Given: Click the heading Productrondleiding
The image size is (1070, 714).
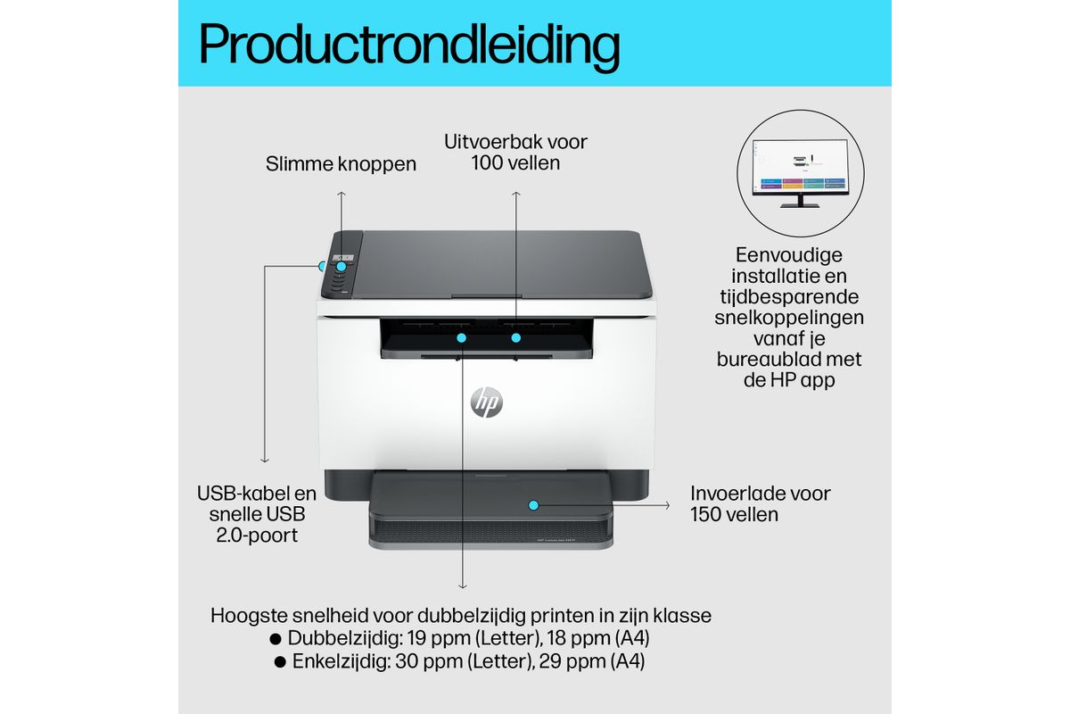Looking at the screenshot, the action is click(409, 46).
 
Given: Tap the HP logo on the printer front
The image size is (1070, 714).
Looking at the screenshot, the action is click(486, 402).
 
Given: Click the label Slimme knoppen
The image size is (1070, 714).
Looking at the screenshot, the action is click(341, 164).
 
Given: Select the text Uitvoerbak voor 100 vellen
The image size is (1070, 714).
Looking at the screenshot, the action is click(515, 152).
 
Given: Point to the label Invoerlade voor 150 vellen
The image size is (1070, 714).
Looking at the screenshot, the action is click(760, 504).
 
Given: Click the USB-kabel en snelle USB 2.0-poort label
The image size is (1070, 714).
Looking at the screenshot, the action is click(257, 514).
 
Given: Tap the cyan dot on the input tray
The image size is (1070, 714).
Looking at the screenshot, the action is click(533, 505).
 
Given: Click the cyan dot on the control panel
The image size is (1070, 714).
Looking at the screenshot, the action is click(341, 266).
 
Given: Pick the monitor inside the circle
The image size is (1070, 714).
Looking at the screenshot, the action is click(800, 173).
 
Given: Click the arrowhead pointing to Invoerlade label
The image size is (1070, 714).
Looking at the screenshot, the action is click(667, 505).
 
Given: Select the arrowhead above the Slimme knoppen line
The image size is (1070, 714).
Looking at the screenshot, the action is click(341, 194).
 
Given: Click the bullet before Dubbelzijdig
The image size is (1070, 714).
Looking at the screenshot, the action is click(276, 638).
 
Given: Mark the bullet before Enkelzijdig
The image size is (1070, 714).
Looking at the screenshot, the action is click(280, 662).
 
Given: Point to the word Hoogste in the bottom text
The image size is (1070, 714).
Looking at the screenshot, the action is click(249, 616).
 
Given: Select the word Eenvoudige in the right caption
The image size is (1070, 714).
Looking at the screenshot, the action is click(789, 255).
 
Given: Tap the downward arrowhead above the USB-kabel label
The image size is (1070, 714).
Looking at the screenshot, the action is click(265, 460).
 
